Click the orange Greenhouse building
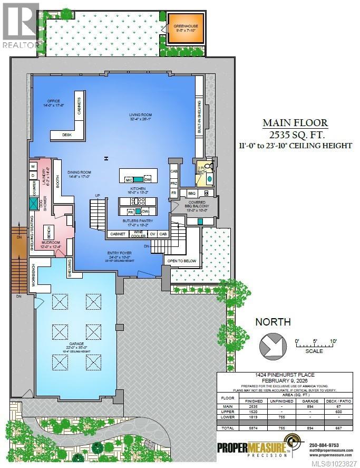click(x=186, y=26)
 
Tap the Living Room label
click(x=140, y=116)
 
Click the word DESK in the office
click(x=66, y=135)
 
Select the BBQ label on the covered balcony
click(x=192, y=194)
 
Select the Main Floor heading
click(x=295, y=123)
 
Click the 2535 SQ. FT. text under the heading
click(x=295, y=134)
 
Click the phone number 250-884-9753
click(x=326, y=444)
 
